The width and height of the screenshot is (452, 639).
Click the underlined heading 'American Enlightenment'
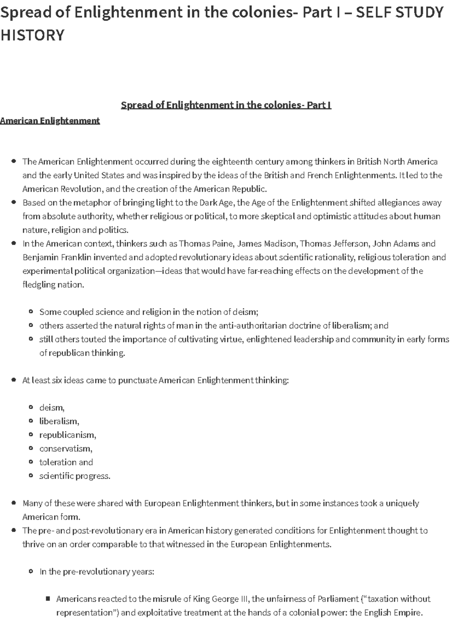tap(50, 121)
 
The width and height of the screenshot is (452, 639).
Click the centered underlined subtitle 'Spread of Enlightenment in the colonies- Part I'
tap(226, 105)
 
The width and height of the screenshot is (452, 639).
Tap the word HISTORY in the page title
tap(32, 35)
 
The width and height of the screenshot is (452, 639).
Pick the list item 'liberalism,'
tap(59, 421)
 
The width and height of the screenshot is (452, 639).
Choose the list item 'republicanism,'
tap(68, 435)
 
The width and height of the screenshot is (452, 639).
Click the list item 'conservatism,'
tap(66, 449)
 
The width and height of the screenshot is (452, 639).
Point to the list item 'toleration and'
tap(66, 462)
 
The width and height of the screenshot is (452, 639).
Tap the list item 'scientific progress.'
tap(75, 476)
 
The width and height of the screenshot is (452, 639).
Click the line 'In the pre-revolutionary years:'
tap(97, 572)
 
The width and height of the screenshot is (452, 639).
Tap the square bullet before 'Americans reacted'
tap(48, 598)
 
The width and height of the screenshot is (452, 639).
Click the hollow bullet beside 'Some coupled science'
tap(31, 312)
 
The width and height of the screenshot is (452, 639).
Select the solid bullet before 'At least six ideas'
tap(14, 380)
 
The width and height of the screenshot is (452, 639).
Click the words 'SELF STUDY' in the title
tap(399, 13)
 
